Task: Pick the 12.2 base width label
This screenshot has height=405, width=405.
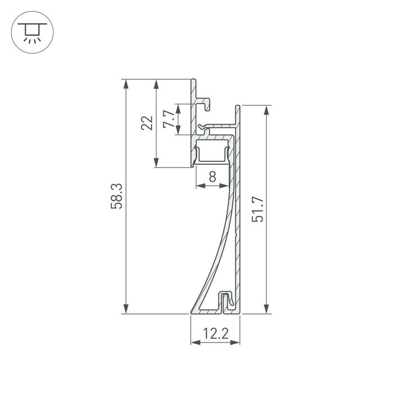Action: [x=215, y=334]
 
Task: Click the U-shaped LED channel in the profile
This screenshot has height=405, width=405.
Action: [x=212, y=153]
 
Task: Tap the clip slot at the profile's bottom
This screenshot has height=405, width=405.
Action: [x=227, y=301]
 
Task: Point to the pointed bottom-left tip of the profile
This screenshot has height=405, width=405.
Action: [x=192, y=311]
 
